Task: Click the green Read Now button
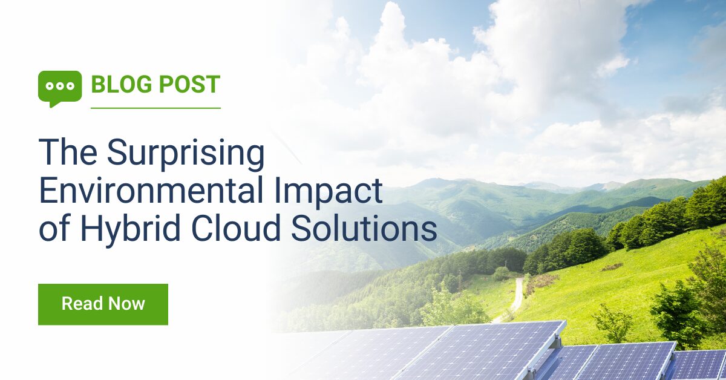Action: pos(103,304)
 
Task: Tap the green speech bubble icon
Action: pos(60,88)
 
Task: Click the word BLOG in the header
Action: pos(122,84)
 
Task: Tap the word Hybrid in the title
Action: pos(130,229)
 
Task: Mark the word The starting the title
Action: pos(68,152)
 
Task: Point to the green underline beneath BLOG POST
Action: pos(156,108)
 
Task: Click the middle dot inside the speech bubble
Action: pos(60,86)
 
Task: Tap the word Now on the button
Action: pos(126,304)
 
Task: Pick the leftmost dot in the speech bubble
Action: pos(50,86)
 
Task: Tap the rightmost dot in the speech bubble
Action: pos(70,86)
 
